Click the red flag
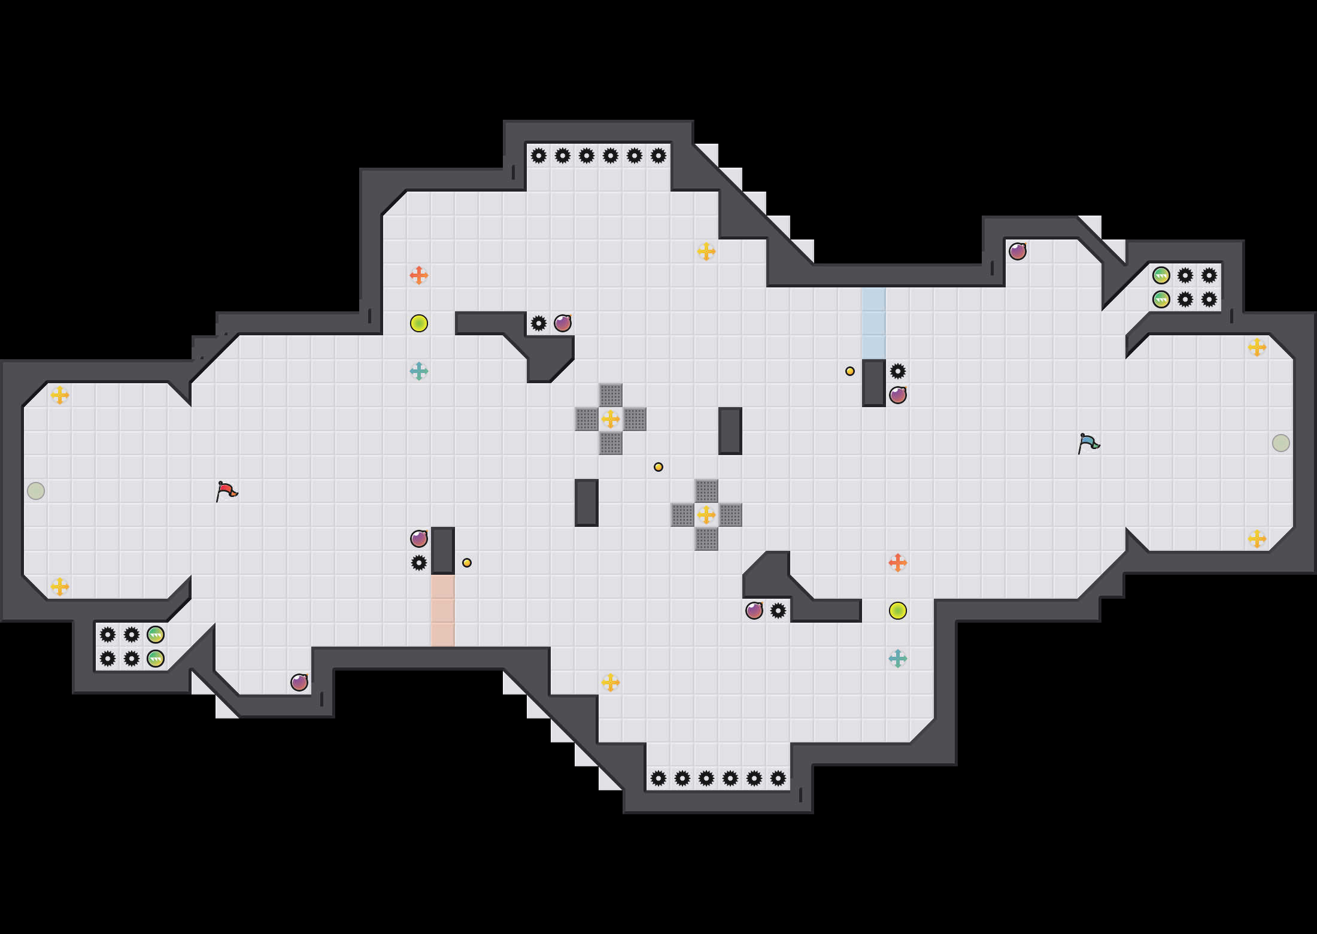226,491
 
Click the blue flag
1088,443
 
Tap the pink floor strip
442,611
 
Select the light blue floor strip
873,323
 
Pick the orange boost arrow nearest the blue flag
897,563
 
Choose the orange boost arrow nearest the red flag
418,275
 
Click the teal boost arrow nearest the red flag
418,371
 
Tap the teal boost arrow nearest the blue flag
897,659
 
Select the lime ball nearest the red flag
418,323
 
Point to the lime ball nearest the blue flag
897,611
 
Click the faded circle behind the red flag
36,491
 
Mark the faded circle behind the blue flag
1280,443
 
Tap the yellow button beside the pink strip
467,563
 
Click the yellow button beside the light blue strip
850,371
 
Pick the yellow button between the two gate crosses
658,467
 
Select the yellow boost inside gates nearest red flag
610,419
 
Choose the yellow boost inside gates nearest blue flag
706,515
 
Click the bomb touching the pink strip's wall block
418,539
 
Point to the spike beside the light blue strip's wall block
897,371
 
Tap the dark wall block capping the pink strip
442,551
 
